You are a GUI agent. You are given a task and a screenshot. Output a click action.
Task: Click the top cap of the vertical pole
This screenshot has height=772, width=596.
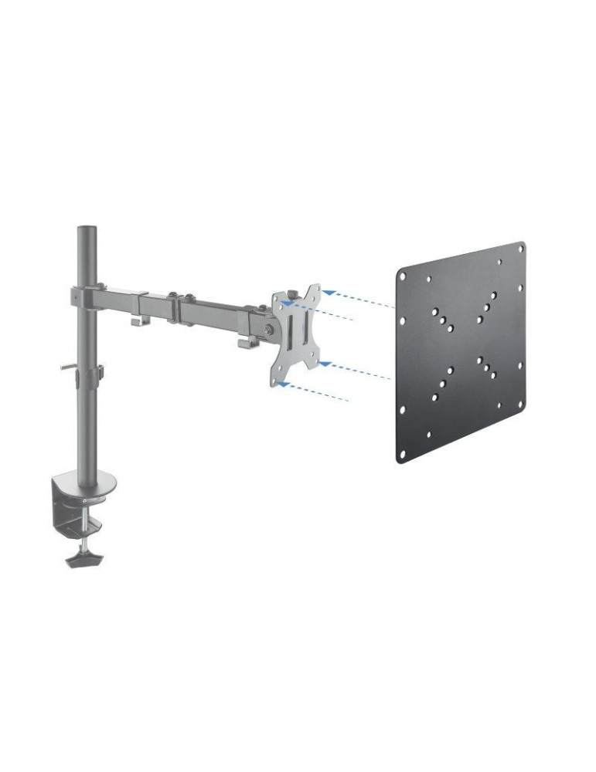(87, 229)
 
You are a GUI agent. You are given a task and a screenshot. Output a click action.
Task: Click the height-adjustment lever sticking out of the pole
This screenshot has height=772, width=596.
(68, 368)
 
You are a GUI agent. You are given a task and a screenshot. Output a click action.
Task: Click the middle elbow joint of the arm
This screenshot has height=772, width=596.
(175, 299)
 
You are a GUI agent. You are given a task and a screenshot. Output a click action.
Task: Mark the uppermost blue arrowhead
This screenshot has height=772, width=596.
(328, 293)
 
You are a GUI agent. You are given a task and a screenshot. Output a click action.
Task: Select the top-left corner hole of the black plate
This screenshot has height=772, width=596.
(403, 273)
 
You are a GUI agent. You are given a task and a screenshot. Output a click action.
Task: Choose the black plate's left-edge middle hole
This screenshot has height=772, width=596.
(400, 364)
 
